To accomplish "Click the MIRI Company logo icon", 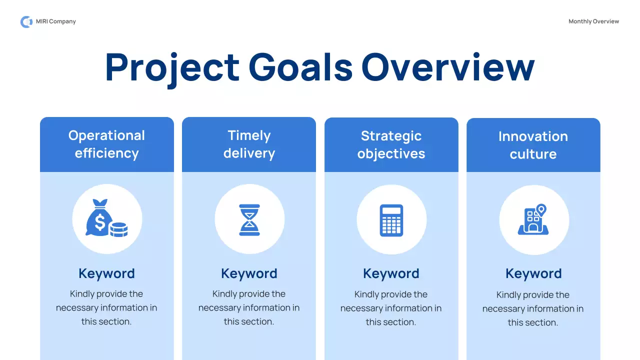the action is (26, 21).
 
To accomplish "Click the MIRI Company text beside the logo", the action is (56, 21).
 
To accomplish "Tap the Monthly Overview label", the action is (593, 21).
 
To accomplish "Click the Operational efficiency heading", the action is (106, 144).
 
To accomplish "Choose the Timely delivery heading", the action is (249, 144).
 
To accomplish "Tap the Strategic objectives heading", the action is (391, 145).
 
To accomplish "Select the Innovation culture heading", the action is (533, 145).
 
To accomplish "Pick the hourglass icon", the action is (249, 219).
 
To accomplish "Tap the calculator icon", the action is (391, 220).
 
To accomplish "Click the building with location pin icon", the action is (533, 219).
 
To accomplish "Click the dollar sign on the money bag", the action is (99, 222).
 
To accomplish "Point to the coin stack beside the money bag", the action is (118, 229).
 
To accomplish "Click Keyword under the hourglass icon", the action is (249, 273).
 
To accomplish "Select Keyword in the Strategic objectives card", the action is (391, 273).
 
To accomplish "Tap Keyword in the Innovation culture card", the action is (533, 273).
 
